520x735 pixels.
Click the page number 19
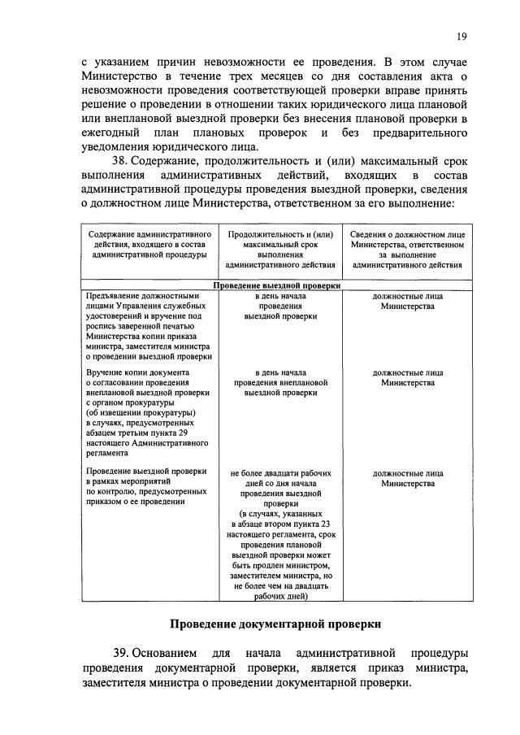pyautogui.click(x=461, y=37)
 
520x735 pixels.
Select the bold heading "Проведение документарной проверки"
pyautogui.click(x=275, y=624)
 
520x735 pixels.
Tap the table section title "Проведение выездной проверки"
pyautogui.click(x=276, y=286)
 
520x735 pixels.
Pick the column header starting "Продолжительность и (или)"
pyautogui.click(x=279, y=249)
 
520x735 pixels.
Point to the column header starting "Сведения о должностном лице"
pyautogui.click(x=408, y=249)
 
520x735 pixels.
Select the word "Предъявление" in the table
pyautogui.click(x=113, y=297)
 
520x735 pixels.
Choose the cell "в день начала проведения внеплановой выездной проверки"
pyautogui.click(x=279, y=381)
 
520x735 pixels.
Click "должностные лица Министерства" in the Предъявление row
pyautogui.click(x=408, y=302)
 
